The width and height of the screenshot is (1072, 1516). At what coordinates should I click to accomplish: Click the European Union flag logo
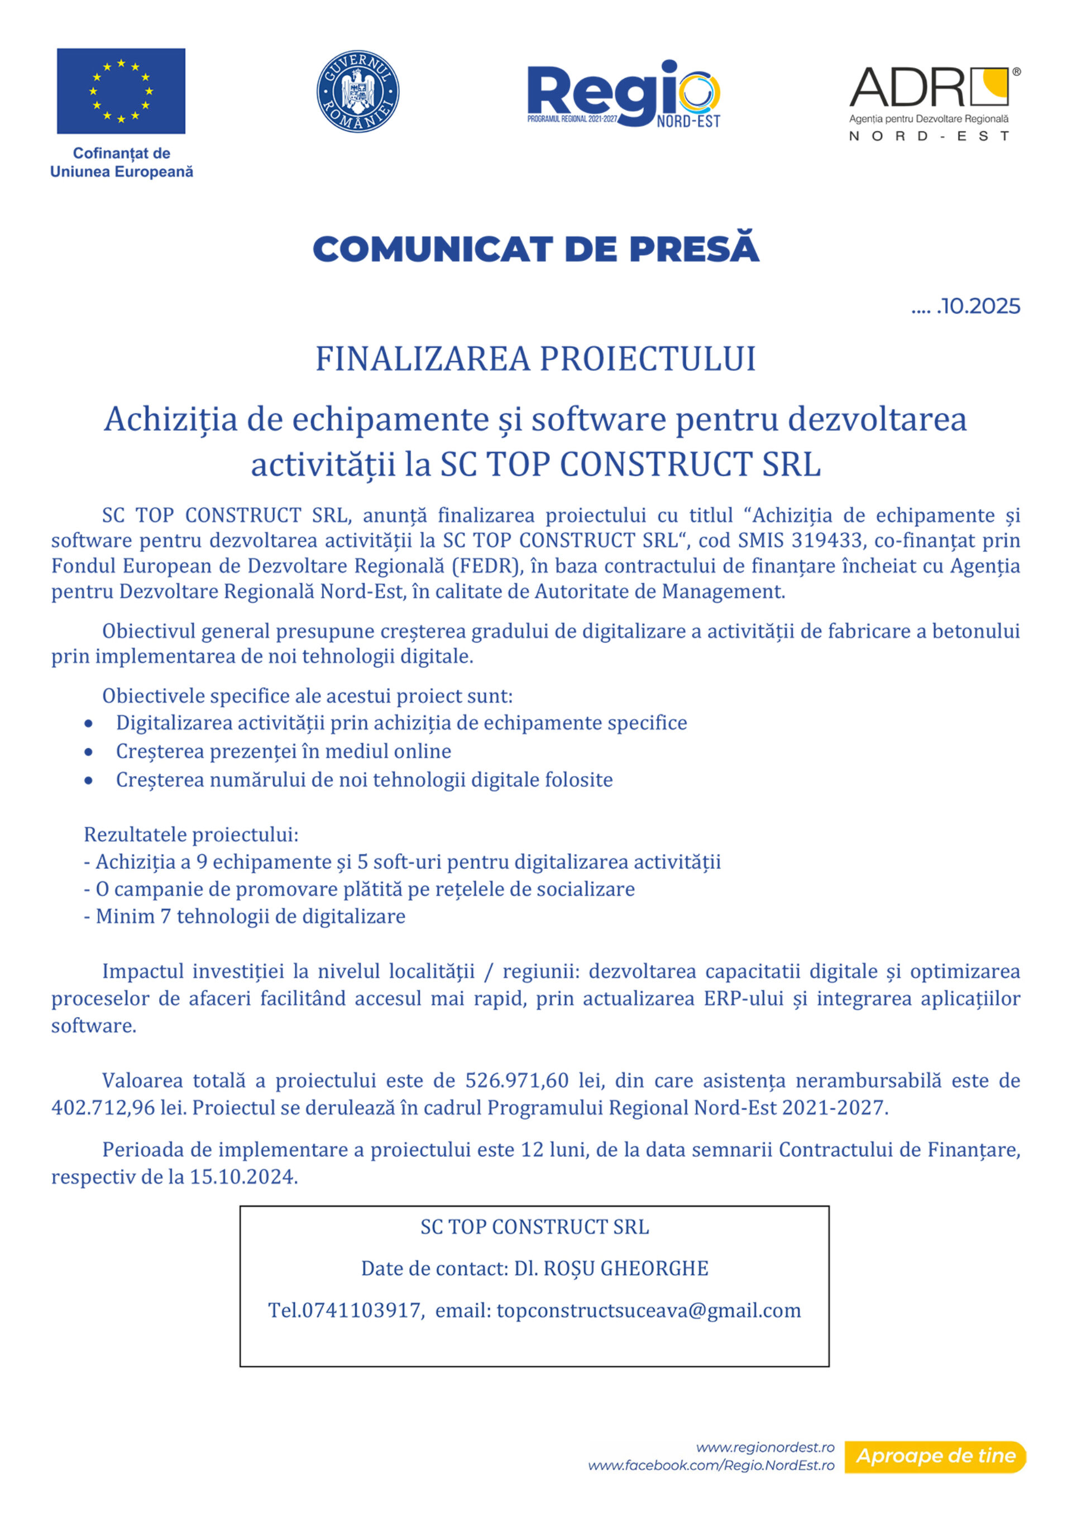click(x=121, y=91)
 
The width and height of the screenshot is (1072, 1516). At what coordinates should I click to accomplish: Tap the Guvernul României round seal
click(x=358, y=91)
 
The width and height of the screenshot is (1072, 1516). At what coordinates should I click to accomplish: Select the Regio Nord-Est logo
click(x=623, y=94)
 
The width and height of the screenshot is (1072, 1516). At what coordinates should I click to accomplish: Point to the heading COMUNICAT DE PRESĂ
click(x=535, y=249)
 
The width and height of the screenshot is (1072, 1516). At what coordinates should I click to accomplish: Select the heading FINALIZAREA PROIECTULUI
click(x=535, y=359)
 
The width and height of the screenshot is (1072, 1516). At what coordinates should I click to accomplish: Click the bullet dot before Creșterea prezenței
click(x=88, y=752)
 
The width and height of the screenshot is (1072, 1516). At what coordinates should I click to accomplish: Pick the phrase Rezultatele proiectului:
click(x=191, y=835)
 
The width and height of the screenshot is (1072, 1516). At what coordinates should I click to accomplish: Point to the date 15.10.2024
click(x=243, y=1177)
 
